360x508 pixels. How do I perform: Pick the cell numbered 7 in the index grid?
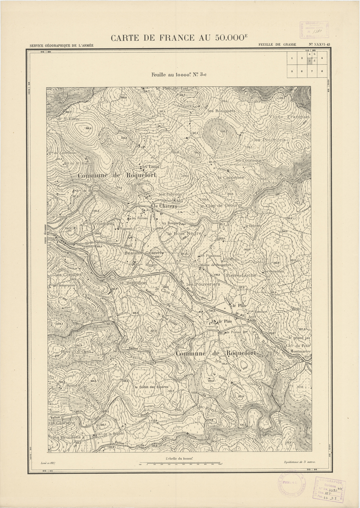pos(314,71)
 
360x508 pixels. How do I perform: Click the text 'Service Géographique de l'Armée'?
pos(61,45)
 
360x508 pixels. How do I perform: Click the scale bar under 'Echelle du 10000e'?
pos(180,463)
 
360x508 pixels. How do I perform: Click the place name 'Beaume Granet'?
pos(144,253)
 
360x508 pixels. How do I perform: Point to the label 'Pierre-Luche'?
pos(241,275)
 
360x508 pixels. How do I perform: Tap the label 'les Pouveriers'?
pos(203,284)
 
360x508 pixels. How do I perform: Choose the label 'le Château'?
pos(165,206)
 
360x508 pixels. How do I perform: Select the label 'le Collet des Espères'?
pos(150,387)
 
